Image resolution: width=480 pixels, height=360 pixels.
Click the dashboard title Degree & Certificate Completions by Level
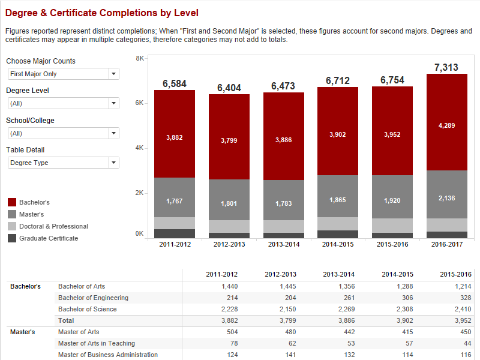coord(101,13)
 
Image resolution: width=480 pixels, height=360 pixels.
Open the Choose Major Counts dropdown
coord(63,74)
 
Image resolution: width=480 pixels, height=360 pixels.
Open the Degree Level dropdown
coord(63,103)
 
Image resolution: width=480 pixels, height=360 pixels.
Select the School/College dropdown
coord(63,133)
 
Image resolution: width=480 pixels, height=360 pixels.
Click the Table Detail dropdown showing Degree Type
coord(63,163)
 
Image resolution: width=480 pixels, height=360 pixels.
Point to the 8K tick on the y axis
coord(139,58)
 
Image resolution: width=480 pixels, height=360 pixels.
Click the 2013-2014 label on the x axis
coord(283,244)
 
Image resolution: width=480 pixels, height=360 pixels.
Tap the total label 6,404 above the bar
coord(229,88)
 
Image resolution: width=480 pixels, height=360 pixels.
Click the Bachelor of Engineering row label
coord(92,298)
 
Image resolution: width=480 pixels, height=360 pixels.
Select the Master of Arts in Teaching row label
coord(96,343)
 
